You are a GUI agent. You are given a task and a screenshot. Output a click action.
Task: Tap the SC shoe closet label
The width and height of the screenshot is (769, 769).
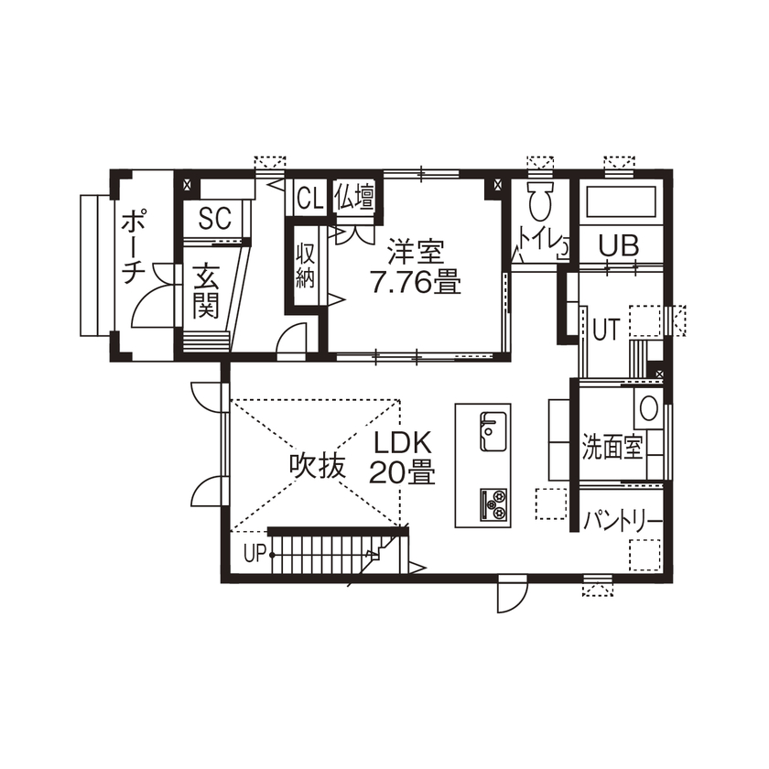pos(214,218)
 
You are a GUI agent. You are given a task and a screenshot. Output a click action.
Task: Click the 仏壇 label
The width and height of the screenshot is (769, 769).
pos(354,197)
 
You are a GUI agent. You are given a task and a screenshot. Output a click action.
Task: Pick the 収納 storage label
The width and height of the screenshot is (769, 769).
pos(306,265)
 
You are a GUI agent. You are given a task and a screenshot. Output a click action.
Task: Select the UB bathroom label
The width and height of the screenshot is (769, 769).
pos(619,244)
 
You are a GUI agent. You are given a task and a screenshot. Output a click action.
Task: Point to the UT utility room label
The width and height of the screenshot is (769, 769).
pos(605,328)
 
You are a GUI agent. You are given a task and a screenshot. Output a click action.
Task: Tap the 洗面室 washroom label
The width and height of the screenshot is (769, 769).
pos(612,448)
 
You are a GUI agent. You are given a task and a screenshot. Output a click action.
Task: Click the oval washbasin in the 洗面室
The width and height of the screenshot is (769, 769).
pos(649,406)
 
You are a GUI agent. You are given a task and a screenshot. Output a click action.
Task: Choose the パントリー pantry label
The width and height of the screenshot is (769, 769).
pos(623,521)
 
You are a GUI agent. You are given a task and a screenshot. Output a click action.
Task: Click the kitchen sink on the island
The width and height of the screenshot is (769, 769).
pos(494,428)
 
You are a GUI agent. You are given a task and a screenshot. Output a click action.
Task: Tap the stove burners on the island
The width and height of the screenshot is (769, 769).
pos(494,502)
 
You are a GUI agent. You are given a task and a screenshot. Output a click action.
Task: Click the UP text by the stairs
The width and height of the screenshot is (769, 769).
pos(255,552)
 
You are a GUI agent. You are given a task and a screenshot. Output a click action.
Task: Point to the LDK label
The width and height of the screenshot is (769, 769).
pos(402,442)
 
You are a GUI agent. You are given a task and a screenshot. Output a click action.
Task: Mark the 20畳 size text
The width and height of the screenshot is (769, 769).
pos(402,472)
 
